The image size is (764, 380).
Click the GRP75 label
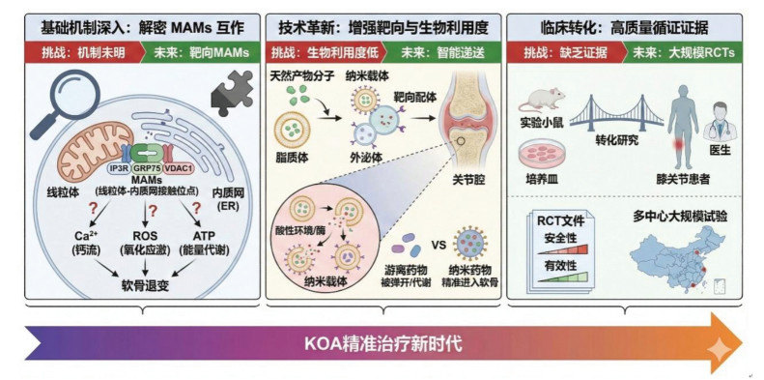(x=146, y=168)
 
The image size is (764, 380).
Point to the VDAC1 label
(x=176, y=168)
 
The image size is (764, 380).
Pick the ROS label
(x=145, y=236)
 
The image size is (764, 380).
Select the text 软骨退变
(x=145, y=285)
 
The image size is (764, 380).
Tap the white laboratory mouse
(x=541, y=99)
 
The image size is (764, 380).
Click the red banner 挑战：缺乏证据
(x=566, y=53)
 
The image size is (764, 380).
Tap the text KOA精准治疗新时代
(x=383, y=344)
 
